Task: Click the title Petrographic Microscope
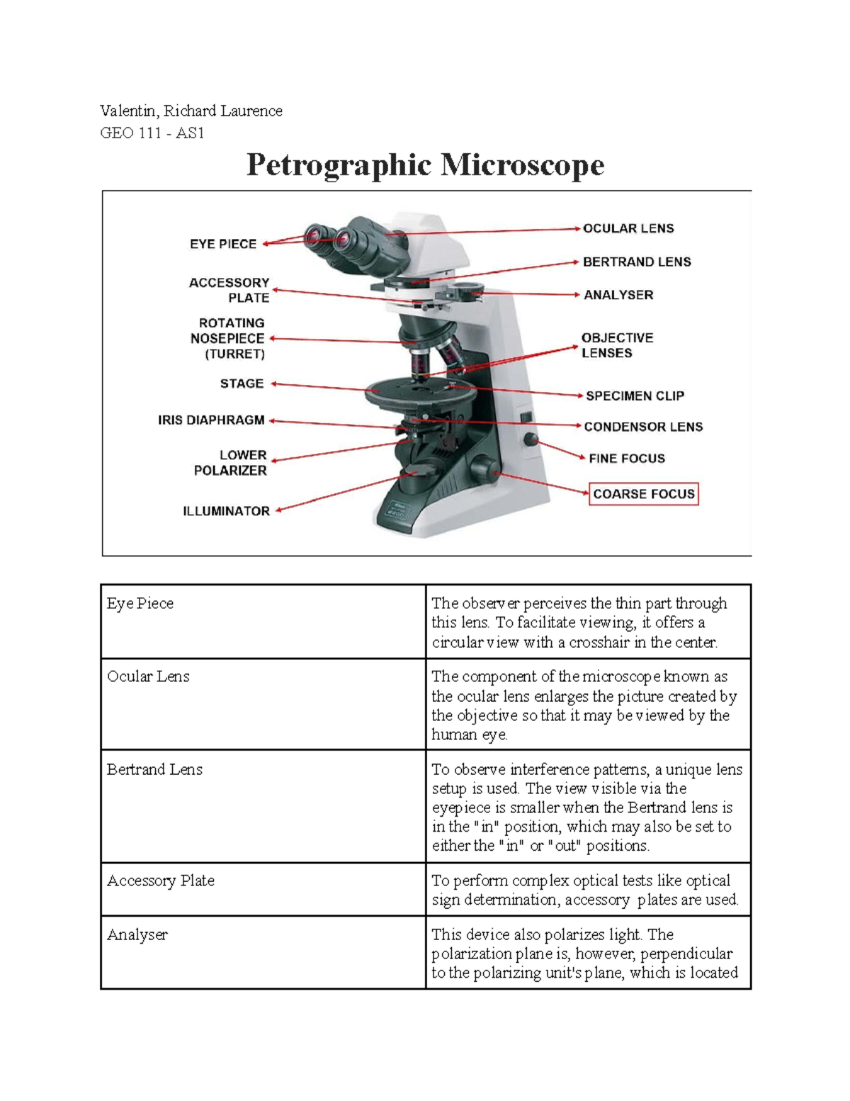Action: point(425,165)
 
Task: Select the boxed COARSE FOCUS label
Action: point(643,494)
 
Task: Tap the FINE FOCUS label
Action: point(626,459)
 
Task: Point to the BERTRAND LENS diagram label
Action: point(637,262)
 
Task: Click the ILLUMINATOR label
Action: point(226,511)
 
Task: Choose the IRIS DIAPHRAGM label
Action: point(211,420)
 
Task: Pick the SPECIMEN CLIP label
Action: point(635,396)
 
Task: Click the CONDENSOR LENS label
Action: point(643,427)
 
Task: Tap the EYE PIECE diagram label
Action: point(222,244)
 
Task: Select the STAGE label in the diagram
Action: point(242,384)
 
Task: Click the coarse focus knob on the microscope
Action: point(484,469)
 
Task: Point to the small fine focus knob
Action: point(531,440)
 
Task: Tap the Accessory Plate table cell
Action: point(160,881)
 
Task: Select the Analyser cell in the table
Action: point(137,935)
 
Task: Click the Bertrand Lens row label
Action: point(154,769)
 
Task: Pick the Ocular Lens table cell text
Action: point(148,676)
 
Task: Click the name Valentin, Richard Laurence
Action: point(191,111)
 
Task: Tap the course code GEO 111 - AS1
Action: point(152,133)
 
